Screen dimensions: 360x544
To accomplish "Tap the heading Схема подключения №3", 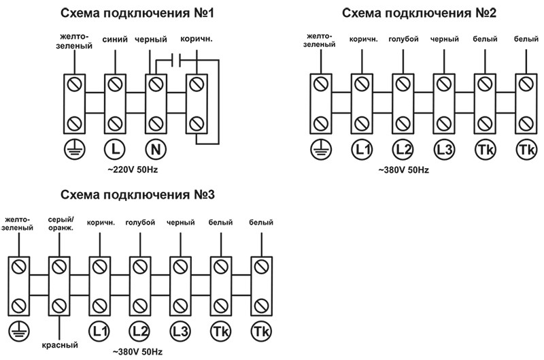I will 137,195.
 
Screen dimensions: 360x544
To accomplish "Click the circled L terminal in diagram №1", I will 114,148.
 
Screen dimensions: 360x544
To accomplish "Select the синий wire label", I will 114,40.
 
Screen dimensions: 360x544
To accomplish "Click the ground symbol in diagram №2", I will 319,148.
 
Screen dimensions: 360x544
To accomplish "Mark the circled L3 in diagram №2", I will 443,148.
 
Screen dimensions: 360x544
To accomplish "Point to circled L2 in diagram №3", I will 139,331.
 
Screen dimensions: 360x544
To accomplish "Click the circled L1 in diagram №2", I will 360,148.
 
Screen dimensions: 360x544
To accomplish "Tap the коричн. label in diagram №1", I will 197,40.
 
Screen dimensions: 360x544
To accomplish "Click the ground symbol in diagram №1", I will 72,148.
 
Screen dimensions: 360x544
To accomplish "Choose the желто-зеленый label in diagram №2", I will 320,40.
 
